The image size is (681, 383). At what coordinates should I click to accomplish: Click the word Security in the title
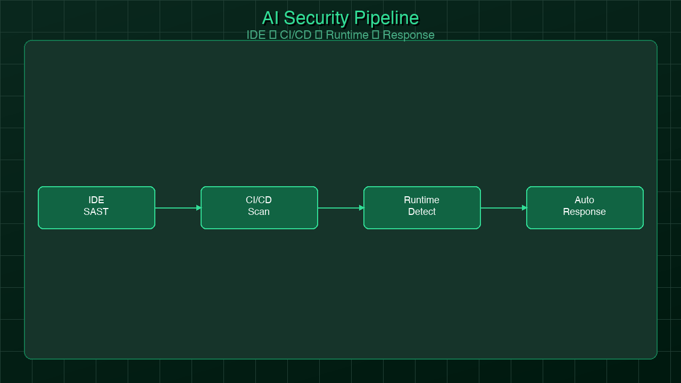(x=316, y=18)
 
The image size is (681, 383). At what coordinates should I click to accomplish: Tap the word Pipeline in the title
(x=386, y=18)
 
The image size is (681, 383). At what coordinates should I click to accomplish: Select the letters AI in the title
(x=270, y=18)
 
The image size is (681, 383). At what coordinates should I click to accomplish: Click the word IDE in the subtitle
(x=256, y=35)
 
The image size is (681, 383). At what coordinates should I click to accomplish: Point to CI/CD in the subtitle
(x=295, y=35)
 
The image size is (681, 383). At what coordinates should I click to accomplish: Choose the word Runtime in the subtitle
(x=347, y=35)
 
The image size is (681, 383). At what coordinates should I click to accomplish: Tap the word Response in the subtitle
(x=409, y=35)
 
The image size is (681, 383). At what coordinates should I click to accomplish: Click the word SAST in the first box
(x=96, y=212)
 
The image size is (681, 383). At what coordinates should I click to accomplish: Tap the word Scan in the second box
(x=259, y=212)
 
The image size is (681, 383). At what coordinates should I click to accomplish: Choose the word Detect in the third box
(x=422, y=212)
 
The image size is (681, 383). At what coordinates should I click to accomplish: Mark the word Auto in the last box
(x=584, y=200)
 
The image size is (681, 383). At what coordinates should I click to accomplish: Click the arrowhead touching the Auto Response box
(x=524, y=208)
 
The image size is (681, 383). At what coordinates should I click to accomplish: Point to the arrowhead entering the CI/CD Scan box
(x=198, y=208)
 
